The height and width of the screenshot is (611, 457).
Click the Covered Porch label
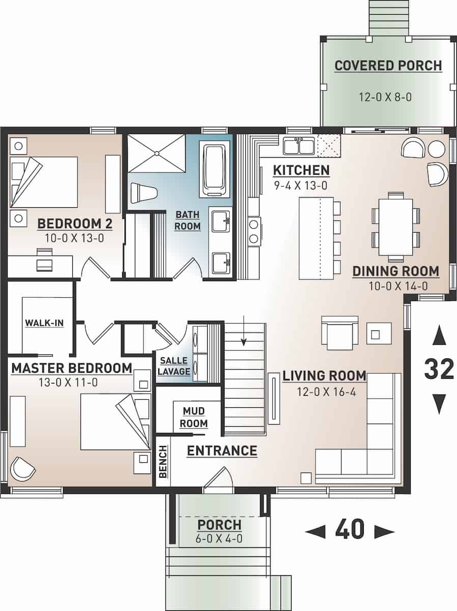click(388, 66)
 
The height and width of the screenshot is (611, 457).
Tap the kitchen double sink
click(298, 146)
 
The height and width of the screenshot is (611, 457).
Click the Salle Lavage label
click(174, 366)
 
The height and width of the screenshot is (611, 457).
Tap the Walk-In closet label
click(44, 323)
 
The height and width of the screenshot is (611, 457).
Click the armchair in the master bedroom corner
click(23, 468)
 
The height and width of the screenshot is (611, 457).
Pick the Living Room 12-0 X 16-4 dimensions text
click(324, 392)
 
